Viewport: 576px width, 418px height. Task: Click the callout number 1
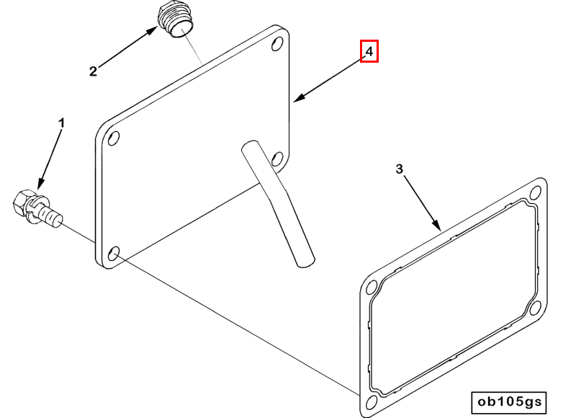pyautogui.click(x=62, y=123)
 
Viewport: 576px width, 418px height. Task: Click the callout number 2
pyautogui.click(x=94, y=71)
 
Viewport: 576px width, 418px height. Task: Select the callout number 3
pyautogui.click(x=400, y=169)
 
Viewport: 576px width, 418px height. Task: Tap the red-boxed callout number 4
pyautogui.click(x=369, y=51)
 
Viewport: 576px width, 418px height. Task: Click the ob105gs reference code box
pyautogui.click(x=509, y=402)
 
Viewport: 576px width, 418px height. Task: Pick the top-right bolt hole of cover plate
pyautogui.click(x=277, y=44)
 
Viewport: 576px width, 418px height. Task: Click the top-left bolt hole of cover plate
pyautogui.click(x=114, y=138)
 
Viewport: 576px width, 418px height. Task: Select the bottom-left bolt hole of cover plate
pyautogui.click(x=114, y=254)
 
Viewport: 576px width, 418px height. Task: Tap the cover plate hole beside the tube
pyautogui.click(x=277, y=159)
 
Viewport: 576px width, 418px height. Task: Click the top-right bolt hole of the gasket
pyautogui.click(x=536, y=192)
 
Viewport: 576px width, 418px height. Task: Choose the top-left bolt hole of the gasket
pyautogui.click(x=372, y=287)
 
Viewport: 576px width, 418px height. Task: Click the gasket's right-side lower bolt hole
pyautogui.click(x=536, y=307)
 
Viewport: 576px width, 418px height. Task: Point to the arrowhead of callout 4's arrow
pyautogui.click(x=300, y=97)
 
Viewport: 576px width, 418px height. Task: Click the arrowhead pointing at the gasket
pyautogui.click(x=436, y=225)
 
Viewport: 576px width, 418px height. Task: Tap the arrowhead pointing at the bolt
pyautogui.click(x=41, y=184)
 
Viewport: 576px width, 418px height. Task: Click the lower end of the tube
pyautogui.click(x=306, y=262)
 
